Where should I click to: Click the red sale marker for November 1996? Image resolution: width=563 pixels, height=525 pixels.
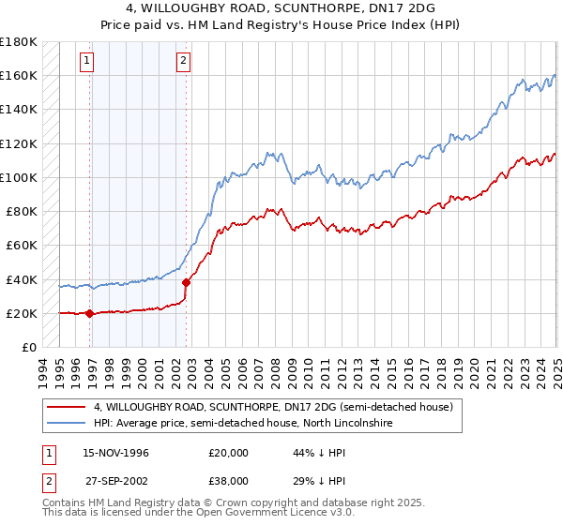[x=90, y=314]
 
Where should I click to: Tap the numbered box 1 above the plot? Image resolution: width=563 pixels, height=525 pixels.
[x=86, y=62]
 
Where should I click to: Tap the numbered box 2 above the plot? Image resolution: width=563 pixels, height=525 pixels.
[x=182, y=62]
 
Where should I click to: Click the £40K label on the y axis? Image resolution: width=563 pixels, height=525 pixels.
[x=22, y=279]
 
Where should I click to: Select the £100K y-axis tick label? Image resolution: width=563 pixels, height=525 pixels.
[x=19, y=177]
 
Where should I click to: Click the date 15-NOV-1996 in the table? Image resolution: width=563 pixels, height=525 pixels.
[x=114, y=453]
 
